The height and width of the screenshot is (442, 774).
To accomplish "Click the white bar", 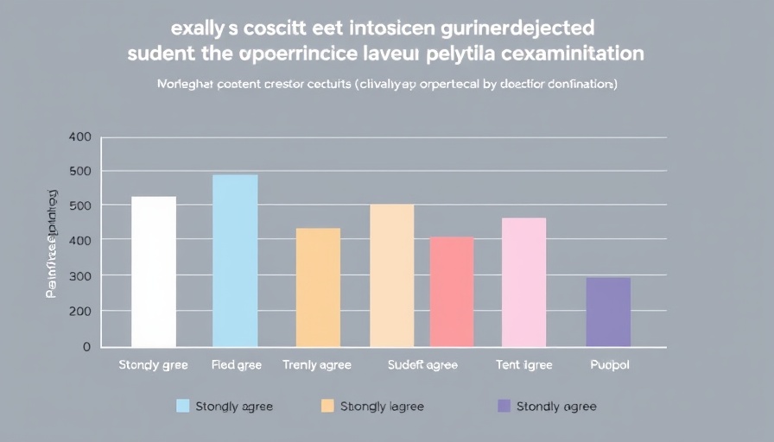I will [x=154, y=271].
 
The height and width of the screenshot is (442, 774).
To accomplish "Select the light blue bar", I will [x=235, y=260].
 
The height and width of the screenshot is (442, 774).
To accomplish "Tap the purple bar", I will [x=608, y=312].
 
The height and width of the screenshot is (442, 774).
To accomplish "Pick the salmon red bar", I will [x=452, y=291].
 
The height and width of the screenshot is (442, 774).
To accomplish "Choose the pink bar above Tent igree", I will [x=523, y=281].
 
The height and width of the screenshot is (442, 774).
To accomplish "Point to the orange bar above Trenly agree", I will [x=318, y=287].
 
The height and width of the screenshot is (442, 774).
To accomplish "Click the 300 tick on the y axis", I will [x=79, y=275].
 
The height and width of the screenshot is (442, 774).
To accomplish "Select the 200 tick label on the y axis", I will [x=79, y=311].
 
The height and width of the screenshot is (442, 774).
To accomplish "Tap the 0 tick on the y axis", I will [x=86, y=347].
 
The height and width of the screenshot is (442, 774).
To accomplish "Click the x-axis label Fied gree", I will [x=236, y=365].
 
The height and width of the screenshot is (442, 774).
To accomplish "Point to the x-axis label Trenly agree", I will [x=317, y=365].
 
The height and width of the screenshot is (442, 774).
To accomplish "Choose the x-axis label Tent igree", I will [x=523, y=365].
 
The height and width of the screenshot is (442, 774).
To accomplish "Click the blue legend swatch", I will [x=182, y=406].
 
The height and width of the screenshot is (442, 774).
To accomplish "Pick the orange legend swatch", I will [x=327, y=406].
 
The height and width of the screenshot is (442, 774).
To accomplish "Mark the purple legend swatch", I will [x=504, y=406].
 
